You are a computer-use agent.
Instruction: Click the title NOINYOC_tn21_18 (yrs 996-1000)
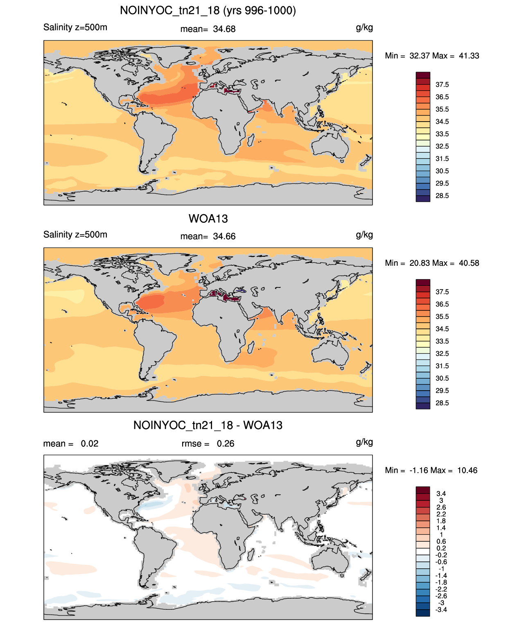click(x=208, y=11)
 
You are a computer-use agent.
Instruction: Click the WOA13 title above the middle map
click(x=208, y=219)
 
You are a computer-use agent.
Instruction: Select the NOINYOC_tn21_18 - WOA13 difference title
click(x=208, y=425)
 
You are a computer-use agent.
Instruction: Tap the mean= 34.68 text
click(x=208, y=29)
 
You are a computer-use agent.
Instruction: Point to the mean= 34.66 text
click(x=208, y=236)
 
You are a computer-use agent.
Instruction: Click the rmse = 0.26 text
click(x=208, y=443)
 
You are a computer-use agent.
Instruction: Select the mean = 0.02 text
click(x=71, y=443)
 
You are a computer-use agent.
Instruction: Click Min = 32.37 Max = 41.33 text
click(x=432, y=56)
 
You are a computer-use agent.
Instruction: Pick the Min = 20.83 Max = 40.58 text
click(x=432, y=263)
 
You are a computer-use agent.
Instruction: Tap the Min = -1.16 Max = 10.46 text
click(x=431, y=470)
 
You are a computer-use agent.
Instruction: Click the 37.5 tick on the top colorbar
click(x=442, y=85)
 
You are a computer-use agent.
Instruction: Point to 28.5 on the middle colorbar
click(x=442, y=403)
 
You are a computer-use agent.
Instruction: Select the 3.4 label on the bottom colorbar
click(x=441, y=493)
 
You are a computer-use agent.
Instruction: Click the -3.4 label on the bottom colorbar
click(x=441, y=610)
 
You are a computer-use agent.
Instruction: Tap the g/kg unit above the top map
click(x=364, y=28)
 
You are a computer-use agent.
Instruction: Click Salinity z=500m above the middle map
click(x=75, y=235)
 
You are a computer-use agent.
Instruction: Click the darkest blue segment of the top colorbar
click(x=423, y=199)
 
